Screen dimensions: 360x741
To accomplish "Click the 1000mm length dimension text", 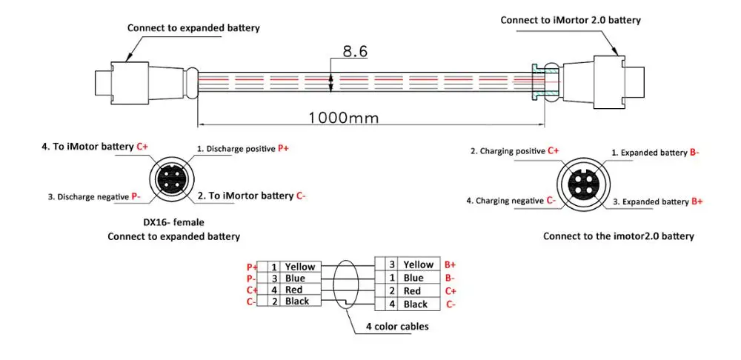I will pos(343,116).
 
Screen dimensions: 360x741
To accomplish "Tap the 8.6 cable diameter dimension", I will pos(355,51).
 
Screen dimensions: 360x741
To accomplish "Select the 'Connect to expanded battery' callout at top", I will pos(193,28).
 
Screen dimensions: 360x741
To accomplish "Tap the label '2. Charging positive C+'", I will pos(514,151).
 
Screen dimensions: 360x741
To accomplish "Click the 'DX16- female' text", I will pos(173,222).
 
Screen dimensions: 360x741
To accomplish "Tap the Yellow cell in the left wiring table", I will pos(299,267).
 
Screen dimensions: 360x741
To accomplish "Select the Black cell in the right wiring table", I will pos(416,304).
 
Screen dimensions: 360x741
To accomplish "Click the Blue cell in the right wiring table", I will pos(413,278).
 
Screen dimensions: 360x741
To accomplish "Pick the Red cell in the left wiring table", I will pos(294,290).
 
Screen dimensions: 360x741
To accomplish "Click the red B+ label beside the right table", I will pos(449,264).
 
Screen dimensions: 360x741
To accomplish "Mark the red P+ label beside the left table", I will pos(251,267).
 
